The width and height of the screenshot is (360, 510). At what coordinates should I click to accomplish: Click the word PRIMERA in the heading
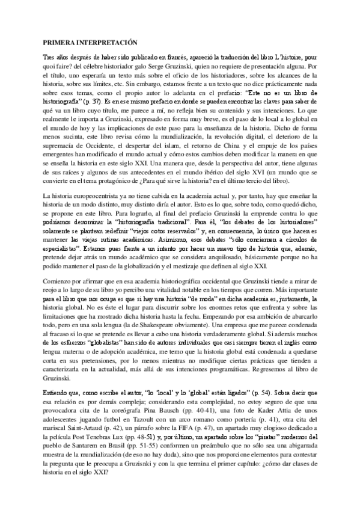(x=59, y=43)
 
